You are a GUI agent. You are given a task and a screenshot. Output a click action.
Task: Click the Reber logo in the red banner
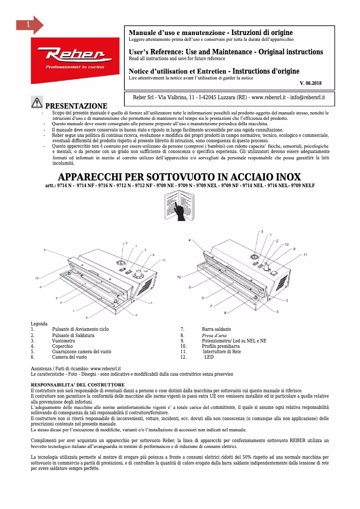(x=75, y=56)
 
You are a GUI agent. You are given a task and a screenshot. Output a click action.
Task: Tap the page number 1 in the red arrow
(x=28, y=25)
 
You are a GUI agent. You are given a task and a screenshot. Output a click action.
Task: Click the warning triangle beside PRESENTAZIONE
(x=37, y=103)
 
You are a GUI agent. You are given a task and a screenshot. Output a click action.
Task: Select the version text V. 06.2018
(x=310, y=83)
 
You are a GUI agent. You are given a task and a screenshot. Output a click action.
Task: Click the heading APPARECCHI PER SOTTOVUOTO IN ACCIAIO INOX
(x=180, y=176)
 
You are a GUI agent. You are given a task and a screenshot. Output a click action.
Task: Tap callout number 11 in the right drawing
(x=305, y=254)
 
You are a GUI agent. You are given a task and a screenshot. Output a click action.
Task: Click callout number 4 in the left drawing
(x=44, y=250)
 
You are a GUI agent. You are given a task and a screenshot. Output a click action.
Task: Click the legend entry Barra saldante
(x=216, y=329)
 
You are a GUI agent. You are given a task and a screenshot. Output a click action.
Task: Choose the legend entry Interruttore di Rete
(x=222, y=352)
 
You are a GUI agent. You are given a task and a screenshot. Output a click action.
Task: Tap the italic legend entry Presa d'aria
(x=214, y=335)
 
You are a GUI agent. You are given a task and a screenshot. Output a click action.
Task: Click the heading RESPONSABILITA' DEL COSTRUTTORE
(x=77, y=385)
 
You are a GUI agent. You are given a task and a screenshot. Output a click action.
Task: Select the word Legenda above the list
(x=39, y=324)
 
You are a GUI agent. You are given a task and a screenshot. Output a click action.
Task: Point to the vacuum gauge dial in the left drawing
(x=121, y=263)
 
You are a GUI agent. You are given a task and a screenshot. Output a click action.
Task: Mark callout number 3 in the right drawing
(x=262, y=231)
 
